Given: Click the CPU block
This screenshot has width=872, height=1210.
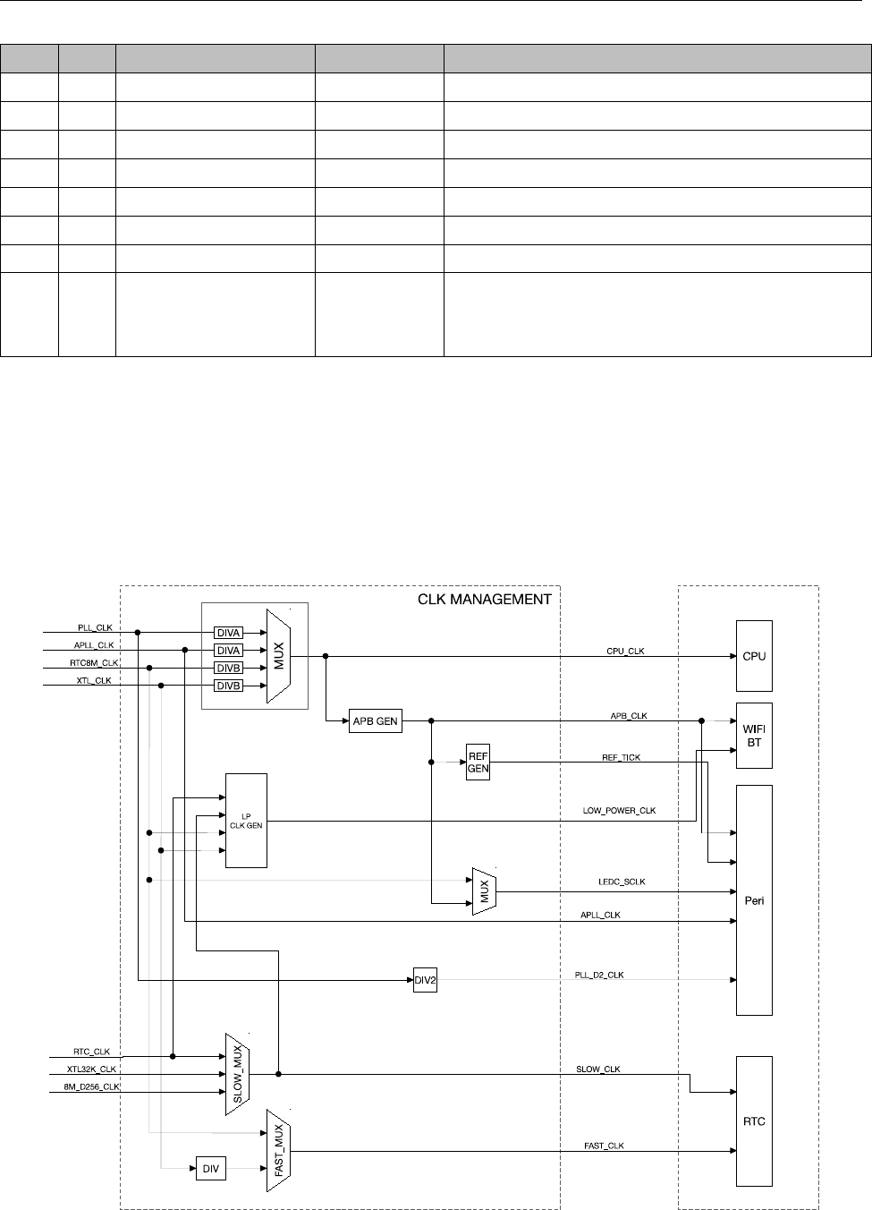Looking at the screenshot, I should click(754, 656).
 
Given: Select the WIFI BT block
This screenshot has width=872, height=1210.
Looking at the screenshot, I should click(754, 736).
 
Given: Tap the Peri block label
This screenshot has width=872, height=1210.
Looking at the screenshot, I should click(754, 900).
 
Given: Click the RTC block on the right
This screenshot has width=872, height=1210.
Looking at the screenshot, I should click(754, 1121).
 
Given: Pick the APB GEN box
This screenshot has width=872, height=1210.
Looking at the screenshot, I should click(376, 721).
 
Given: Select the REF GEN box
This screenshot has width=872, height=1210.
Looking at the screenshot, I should click(478, 763).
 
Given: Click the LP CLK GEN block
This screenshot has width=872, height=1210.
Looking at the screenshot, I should click(246, 821).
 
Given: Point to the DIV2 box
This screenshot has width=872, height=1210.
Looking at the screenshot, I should click(425, 980).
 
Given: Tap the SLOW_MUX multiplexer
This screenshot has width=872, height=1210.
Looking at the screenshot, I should click(237, 1073).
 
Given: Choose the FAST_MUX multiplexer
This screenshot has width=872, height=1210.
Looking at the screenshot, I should click(279, 1150).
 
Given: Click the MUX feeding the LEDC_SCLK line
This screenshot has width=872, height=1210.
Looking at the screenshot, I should click(484, 891).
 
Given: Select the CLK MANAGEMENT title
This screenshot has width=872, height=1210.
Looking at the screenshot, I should click(485, 600).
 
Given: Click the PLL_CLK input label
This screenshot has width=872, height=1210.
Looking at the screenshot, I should click(93, 628).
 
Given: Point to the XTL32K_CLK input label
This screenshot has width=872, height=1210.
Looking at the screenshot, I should click(91, 1069).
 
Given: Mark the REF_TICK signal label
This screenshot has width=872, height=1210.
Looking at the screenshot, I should click(621, 758).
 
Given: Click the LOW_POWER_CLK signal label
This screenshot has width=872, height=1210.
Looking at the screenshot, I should click(620, 811).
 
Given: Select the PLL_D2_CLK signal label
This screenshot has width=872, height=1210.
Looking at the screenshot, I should click(599, 975).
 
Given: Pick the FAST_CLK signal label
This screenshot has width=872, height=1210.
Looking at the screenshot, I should click(605, 1146).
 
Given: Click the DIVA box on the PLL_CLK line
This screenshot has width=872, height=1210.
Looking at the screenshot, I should click(229, 633).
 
